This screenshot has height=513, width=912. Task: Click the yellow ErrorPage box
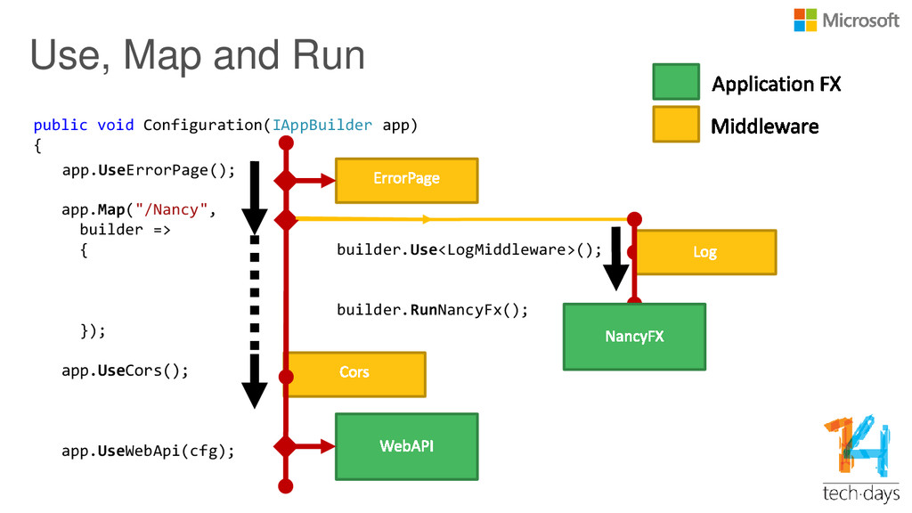pyautogui.click(x=406, y=180)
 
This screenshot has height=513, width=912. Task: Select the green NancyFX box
pyautogui.click(x=634, y=337)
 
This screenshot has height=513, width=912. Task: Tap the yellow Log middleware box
pyautogui.click(x=705, y=252)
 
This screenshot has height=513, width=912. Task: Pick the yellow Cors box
pyautogui.click(x=354, y=375)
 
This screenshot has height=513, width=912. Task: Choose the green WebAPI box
pyautogui.click(x=406, y=447)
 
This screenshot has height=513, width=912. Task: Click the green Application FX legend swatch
pyautogui.click(x=676, y=82)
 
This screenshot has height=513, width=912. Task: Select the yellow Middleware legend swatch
pyautogui.click(x=676, y=124)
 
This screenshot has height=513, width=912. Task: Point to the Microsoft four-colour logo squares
pyautogui.click(x=805, y=20)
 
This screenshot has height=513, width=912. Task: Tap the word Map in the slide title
pyautogui.click(x=163, y=56)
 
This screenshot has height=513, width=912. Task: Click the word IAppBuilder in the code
pyautogui.click(x=322, y=125)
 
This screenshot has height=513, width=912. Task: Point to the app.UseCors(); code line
pyautogui.click(x=125, y=371)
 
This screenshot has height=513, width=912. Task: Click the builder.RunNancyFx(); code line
pyautogui.click(x=432, y=309)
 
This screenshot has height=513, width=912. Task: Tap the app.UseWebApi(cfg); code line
pyautogui.click(x=149, y=452)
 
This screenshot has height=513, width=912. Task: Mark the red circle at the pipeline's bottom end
pyautogui.click(x=286, y=486)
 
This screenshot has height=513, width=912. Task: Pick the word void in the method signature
pyautogui.click(x=115, y=125)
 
